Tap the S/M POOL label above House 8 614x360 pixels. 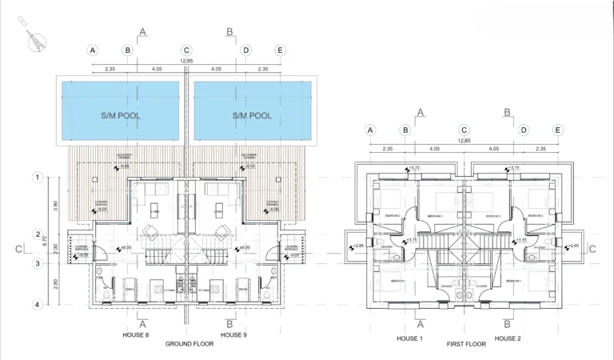click(x=121, y=116)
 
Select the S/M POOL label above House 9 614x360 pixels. click(x=252, y=116)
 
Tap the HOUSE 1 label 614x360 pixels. click(x=409, y=338)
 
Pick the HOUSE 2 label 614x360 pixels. click(x=507, y=338)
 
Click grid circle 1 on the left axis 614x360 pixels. click(x=37, y=177)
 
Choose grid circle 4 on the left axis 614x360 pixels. click(x=37, y=304)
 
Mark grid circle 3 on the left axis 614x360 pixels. click(x=37, y=263)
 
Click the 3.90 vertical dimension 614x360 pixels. click(x=55, y=206)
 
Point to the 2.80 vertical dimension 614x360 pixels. click(x=55, y=284)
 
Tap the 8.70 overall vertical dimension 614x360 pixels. click(x=46, y=240)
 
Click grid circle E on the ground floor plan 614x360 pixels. click(x=280, y=50)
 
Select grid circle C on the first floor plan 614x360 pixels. click(x=464, y=130)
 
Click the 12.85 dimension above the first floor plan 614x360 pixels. click(x=464, y=141)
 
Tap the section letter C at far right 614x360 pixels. click(x=592, y=249)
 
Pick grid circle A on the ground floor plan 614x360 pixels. click(x=93, y=50)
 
